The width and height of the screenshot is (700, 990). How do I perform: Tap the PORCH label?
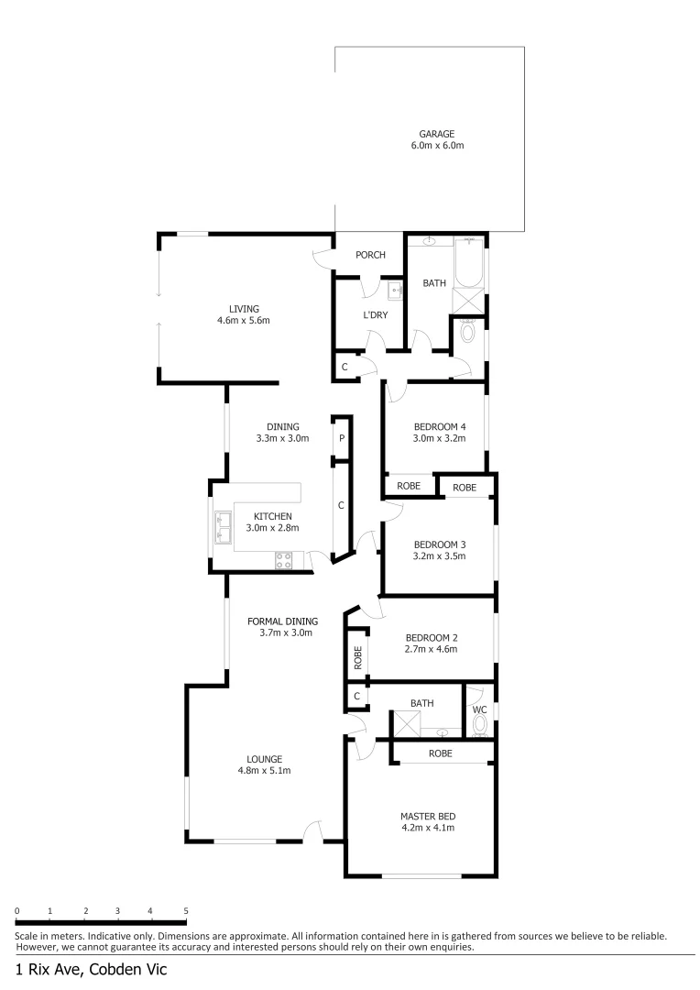pos(370,255)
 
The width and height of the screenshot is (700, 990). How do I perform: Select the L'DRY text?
pos(376,315)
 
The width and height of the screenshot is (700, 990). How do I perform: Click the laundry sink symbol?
pos(396,291)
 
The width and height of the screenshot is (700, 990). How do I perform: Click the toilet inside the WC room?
pos(479,725)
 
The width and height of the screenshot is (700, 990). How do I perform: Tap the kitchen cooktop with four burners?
pos(284,559)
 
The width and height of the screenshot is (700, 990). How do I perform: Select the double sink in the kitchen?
pos(223,527)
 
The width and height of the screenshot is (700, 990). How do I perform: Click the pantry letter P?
pos(342,438)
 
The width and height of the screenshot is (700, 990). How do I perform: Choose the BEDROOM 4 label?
pos(440,426)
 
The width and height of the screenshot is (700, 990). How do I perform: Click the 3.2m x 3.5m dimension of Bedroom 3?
pos(440,555)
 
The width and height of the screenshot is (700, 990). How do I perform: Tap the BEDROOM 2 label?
pos(430,637)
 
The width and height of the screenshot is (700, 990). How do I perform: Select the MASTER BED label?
pos(428,816)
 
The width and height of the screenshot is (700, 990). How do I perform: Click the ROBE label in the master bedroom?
pos(441,753)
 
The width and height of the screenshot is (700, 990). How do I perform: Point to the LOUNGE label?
pos(264,758)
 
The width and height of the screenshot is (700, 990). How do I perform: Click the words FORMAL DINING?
pos(282,621)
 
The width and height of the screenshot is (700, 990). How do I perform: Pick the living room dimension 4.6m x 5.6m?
pos(243,321)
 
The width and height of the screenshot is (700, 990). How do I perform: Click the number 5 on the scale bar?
pos(186,910)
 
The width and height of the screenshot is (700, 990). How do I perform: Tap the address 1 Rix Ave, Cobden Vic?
pos(91,969)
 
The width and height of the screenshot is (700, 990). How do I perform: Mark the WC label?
pos(479,709)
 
